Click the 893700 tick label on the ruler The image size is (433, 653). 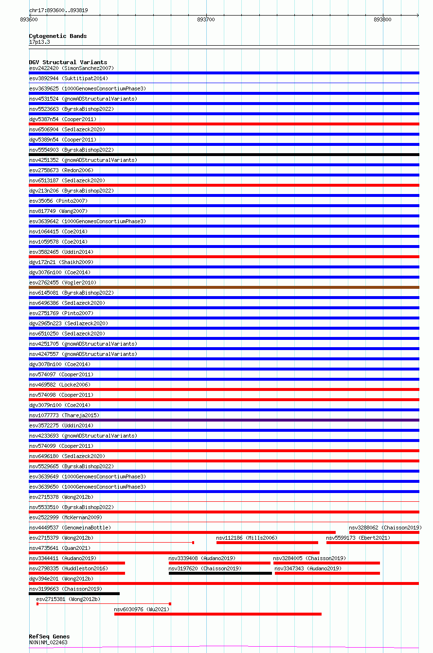pos(206,19)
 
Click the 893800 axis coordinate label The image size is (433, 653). pos(382,19)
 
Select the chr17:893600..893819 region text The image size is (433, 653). pos(58,10)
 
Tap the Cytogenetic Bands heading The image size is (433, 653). pos(58,36)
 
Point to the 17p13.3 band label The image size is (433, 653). pos(39,42)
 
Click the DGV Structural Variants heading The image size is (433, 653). pos(68,62)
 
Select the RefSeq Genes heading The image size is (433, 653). pos(49,636)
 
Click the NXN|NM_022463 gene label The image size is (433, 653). pos(48,642)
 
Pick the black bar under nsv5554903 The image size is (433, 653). pos(224,155)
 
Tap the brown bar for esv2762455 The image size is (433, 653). pos(224,287)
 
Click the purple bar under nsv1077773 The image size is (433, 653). pos(224,420)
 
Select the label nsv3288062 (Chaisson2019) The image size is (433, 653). pos(385,528)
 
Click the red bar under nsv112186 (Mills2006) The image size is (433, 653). pos(267,543)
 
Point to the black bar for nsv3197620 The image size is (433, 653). pos(220,573)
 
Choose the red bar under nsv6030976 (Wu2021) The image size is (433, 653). pos(217,614)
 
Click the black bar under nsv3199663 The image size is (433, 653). pos(74,594)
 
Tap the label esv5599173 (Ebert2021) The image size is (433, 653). pos(358,538)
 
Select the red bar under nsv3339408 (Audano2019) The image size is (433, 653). pos(219,563)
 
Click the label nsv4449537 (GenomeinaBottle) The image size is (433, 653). pos(70,528)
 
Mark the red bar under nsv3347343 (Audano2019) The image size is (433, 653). pos(327,573)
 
